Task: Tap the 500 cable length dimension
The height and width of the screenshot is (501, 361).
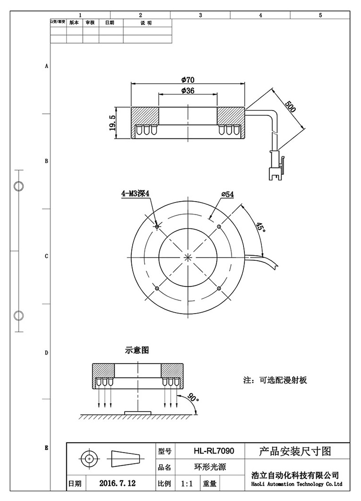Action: click(290, 106)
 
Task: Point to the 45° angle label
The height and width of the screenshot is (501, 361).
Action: click(260, 226)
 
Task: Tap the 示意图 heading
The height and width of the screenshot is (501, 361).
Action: click(137, 350)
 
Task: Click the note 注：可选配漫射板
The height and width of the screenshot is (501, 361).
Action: click(275, 380)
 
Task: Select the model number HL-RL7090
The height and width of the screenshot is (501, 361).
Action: click(213, 451)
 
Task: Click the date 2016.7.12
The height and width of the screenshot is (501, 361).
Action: click(118, 483)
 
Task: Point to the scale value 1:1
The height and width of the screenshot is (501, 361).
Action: click(187, 483)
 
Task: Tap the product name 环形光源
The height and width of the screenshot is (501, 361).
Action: click(210, 468)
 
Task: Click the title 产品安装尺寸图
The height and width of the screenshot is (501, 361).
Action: click(295, 451)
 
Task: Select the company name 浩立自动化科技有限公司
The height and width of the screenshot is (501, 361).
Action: click(295, 476)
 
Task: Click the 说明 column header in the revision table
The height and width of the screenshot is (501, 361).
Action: click(146, 23)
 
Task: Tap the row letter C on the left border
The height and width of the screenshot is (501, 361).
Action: click(46, 257)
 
